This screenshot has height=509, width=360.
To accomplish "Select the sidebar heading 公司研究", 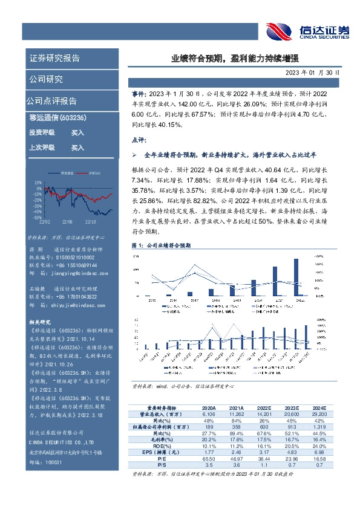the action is coord(46,79).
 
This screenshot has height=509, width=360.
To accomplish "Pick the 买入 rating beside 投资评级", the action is coord(77,132).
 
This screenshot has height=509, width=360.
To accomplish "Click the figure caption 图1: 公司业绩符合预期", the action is coord(160,246).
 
